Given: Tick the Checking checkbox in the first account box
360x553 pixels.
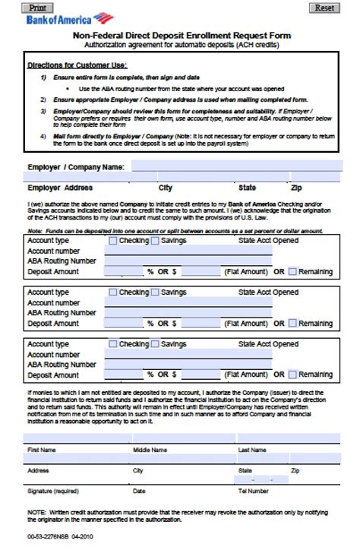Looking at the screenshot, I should tap(113, 241).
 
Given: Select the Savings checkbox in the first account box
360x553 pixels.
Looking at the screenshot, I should tap(155, 241).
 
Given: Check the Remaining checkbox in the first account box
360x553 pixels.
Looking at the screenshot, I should tap(293, 271).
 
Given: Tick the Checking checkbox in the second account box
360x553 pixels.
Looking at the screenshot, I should tap(113, 292).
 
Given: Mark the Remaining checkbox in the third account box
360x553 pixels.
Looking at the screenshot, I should tap(293, 374).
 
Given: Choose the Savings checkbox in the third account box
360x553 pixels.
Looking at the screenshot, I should tap(155, 344).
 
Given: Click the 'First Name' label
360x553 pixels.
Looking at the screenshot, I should tap(42, 450).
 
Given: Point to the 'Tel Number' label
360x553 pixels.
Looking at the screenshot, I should tap(254, 491).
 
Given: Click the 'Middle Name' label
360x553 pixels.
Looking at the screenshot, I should tap(150, 450).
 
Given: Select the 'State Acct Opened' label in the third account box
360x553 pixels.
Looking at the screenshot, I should tap(268, 344).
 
